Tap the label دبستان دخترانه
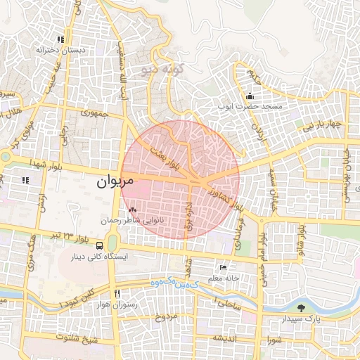coord(60,51)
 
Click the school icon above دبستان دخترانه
coord(60,39)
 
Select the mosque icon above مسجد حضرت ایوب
coord(250,96)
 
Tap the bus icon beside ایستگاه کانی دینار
coord(101,246)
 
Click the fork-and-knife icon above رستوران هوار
coord(117,293)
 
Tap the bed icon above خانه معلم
coord(223,267)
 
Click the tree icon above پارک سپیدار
coord(302,308)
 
